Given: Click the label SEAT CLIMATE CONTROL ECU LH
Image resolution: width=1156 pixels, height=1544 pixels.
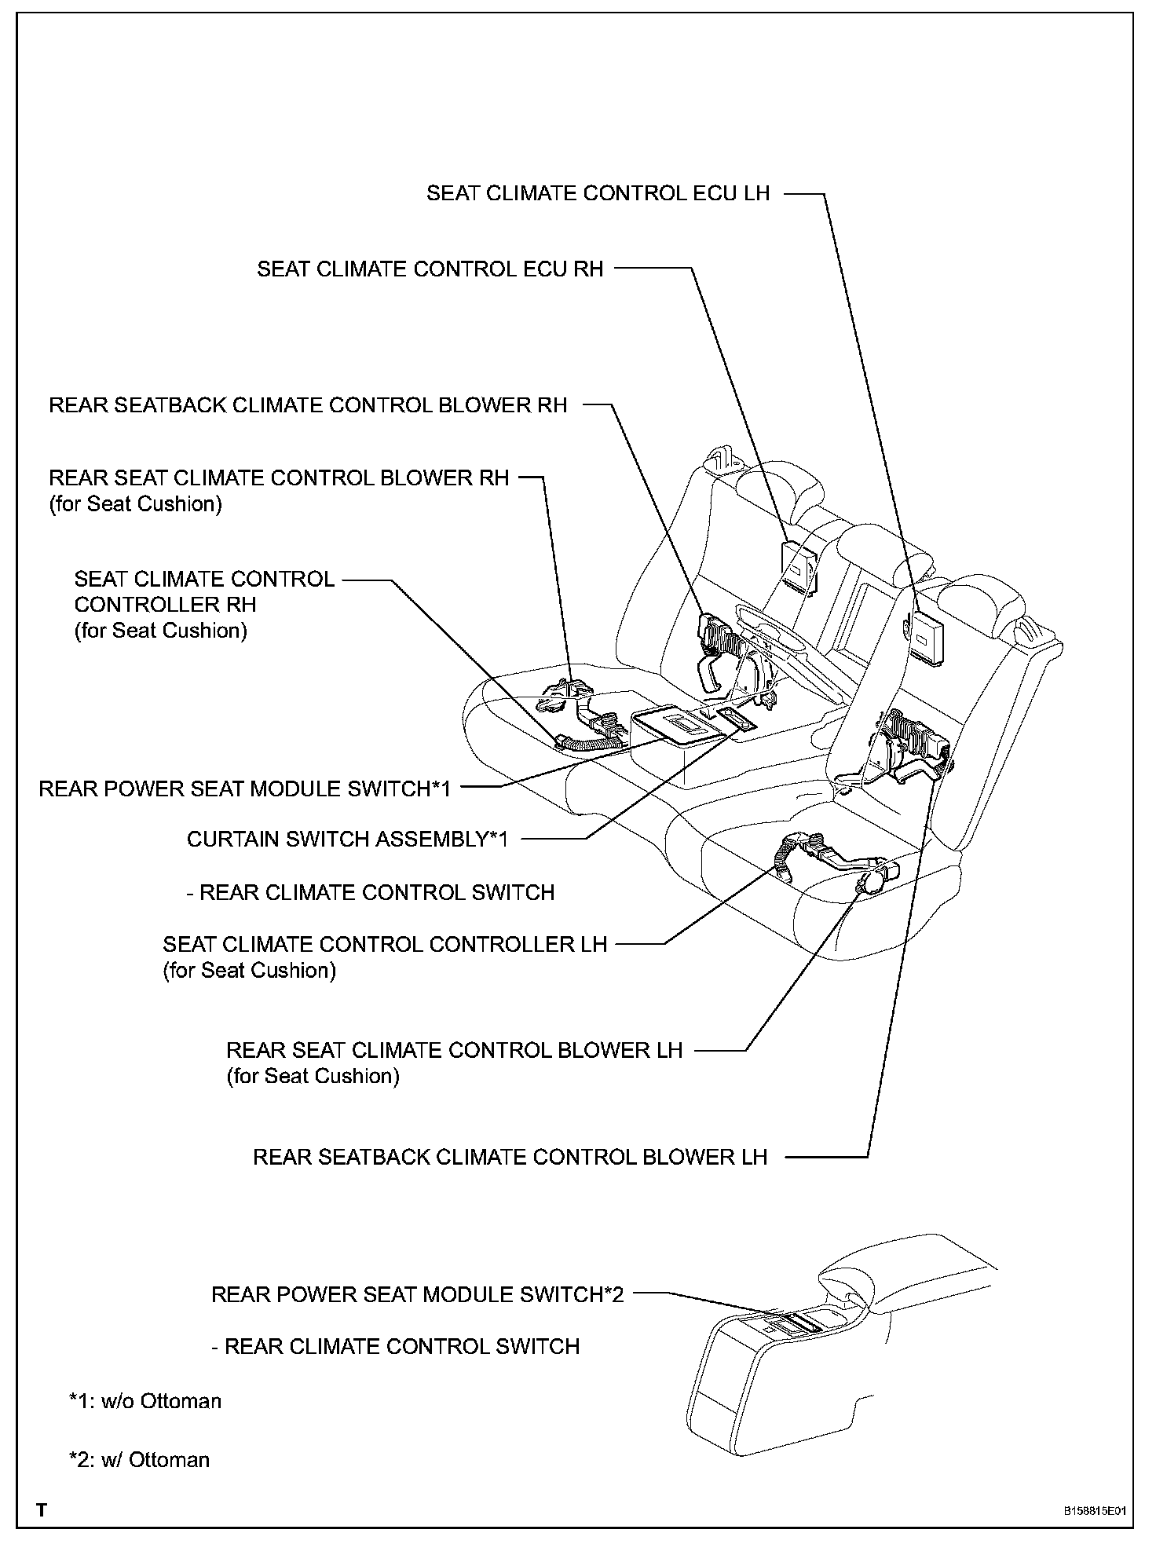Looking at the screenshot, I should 598,193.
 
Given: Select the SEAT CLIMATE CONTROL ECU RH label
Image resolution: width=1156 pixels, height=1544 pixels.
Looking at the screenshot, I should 430,269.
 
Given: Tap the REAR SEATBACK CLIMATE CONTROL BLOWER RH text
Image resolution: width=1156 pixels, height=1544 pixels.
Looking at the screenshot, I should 308,405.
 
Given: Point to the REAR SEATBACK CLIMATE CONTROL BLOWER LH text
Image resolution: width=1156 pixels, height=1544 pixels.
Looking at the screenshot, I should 510,1157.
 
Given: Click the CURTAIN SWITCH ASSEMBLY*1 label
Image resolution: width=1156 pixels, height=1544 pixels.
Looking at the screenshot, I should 347,839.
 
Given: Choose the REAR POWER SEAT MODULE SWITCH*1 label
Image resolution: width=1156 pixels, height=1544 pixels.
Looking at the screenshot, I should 245,788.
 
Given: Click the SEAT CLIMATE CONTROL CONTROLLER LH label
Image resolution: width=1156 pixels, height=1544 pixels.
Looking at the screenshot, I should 385,944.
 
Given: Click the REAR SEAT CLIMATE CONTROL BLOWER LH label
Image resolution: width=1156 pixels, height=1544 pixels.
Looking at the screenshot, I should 454,1051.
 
